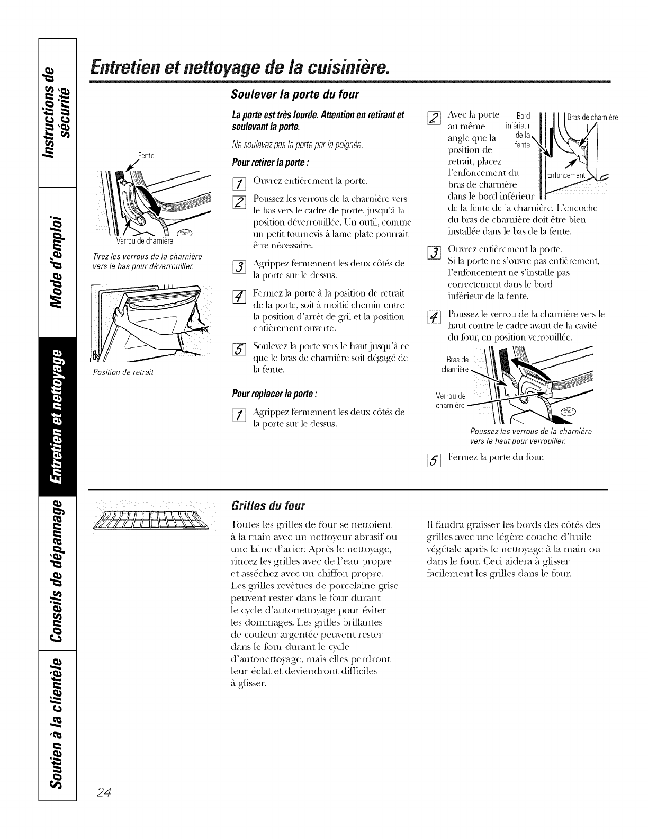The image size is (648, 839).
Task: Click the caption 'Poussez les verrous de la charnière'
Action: (530, 431)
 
